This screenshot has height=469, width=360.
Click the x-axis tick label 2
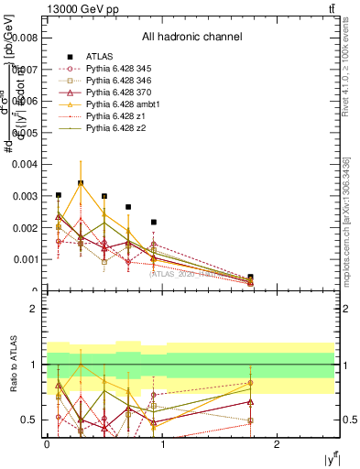(278, 444)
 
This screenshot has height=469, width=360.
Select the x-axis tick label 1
(162, 444)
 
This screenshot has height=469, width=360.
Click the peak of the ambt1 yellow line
(81, 183)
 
